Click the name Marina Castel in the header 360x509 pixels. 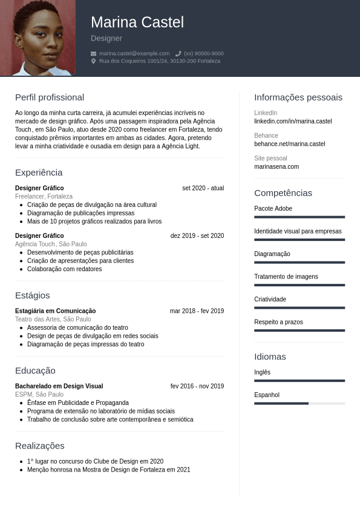137,22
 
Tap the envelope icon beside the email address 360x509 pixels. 94,53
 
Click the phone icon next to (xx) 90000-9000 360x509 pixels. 178,53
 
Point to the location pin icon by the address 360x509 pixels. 94,61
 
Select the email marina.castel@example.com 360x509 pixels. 134,53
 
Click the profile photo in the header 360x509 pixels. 38,38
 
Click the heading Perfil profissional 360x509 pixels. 50,97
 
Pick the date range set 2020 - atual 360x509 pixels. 203,188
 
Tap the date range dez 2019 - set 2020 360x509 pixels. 197,235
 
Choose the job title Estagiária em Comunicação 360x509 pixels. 55,311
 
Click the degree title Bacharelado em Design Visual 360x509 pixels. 59,386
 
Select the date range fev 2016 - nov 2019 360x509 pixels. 197,386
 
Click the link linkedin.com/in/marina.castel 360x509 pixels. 293,121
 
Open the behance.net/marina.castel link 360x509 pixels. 289,144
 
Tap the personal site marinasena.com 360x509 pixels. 277,166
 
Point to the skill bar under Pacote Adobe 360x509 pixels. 299,217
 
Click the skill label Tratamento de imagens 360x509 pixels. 286,277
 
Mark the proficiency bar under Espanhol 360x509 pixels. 299,403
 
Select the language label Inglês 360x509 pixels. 262,372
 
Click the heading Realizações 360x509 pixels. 39,446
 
